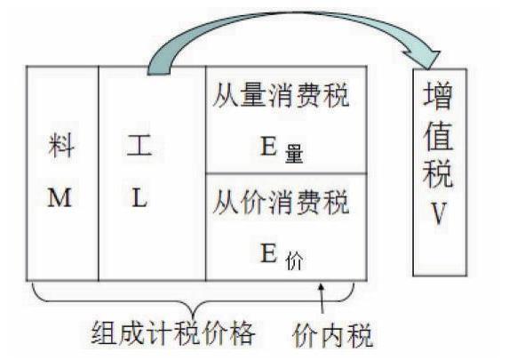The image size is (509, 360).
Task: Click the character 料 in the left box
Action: click(61, 146)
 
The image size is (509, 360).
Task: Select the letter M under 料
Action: click(60, 197)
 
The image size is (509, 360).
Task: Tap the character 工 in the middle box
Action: click(139, 145)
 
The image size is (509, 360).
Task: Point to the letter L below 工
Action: click(139, 197)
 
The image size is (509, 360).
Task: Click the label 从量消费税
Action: click(281, 95)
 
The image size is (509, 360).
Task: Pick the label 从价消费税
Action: click(281, 202)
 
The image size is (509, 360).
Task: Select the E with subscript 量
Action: click(282, 149)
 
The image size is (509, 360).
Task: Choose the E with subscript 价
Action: click(282, 257)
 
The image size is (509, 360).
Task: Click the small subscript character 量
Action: click(294, 154)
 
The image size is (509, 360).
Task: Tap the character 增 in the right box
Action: click(438, 95)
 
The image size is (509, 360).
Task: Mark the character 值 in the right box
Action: click(438, 136)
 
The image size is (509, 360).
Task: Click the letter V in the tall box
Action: click(439, 213)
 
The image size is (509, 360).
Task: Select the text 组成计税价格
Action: click(173, 333)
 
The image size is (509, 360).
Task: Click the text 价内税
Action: click(332, 335)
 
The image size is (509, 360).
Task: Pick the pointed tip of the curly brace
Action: click(194, 317)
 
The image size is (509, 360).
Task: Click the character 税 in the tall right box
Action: click(438, 173)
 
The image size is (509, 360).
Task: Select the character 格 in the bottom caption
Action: click(242, 333)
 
